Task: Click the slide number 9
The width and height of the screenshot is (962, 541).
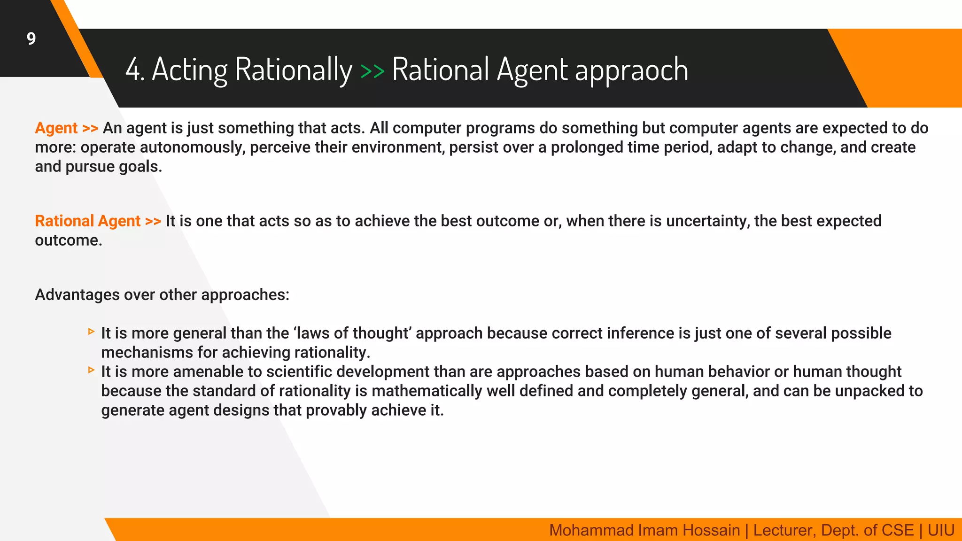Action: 31,39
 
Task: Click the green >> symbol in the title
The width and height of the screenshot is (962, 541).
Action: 372,71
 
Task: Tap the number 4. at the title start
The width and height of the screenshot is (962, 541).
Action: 134,70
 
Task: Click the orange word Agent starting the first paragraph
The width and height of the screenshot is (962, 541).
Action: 56,128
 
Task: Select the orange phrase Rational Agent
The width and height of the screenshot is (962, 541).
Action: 88,221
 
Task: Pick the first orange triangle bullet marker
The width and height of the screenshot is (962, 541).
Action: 91,332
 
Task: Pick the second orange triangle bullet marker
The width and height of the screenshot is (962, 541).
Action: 91,371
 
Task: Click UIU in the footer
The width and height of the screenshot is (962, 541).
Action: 941,530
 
